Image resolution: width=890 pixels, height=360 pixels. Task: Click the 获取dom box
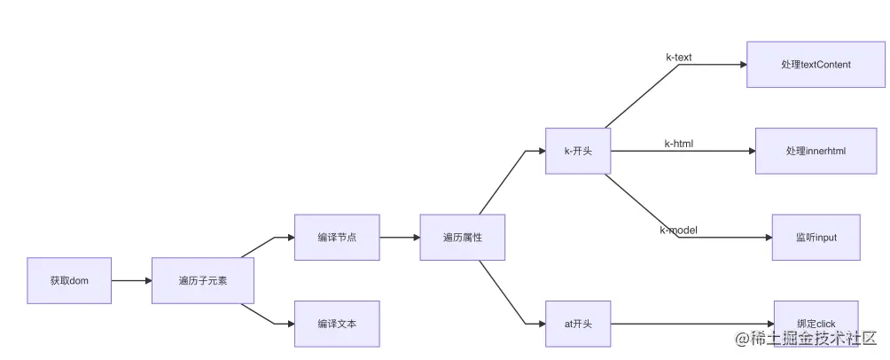click(x=69, y=280)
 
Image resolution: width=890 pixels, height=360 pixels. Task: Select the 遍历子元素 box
click(x=203, y=280)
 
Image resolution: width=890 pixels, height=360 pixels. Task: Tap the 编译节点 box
click(x=337, y=237)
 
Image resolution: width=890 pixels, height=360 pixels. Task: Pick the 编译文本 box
click(x=337, y=324)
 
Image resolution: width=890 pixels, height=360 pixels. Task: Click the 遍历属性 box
click(x=462, y=237)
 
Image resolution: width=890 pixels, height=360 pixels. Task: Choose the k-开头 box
click(x=578, y=151)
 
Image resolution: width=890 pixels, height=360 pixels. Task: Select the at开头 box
click(x=578, y=324)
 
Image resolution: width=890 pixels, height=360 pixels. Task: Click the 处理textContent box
click(x=816, y=64)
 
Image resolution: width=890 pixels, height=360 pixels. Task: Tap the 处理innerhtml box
click(x=816, y=151)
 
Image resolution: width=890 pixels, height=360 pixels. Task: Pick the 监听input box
click(x=816, y=237)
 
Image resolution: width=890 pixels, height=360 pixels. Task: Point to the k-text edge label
click(x=679, y=58)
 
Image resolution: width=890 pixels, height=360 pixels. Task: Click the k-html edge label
click(x=679, y=144)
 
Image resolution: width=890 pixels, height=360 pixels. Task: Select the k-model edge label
click(x=678, y=231)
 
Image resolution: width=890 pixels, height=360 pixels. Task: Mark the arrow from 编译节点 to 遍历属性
click(x=399, y=237)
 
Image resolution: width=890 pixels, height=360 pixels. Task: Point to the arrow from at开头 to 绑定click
click(x=691, y=324)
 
